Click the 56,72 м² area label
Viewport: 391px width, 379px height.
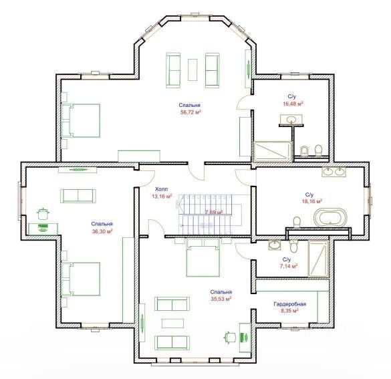(x=190, y=112)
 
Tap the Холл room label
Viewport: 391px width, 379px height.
(x=162, y=188)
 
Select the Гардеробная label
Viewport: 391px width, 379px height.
(x=290, y=304)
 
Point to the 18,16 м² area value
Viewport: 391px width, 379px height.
(x=312, y=201)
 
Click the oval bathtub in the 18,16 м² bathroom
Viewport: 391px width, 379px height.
(x=330, y=217)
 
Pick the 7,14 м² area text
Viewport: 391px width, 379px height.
(x=289, y=266)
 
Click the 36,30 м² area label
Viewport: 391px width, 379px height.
(x=102, y=231)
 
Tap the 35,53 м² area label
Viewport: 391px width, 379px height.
(x=221, y=299)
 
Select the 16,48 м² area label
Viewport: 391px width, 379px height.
(x=293, y=104)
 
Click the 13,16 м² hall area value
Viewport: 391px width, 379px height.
(x=162, y=197)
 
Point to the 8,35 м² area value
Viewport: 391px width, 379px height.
(x=289, y=311)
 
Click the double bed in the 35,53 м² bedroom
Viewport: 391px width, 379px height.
(x=203, y=257)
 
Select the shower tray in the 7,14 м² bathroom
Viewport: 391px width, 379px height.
(x=318, y=258)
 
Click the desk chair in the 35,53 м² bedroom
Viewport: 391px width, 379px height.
(x=230, y=338)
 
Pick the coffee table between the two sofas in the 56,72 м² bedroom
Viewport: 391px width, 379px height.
(x=192, y=70)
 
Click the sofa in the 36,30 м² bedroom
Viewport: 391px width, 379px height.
(x=78, y=196)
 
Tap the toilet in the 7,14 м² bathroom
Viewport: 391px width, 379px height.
(x=293, y=246)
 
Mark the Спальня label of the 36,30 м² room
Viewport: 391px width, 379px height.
(x=102, y=224)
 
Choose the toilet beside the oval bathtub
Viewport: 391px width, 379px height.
(x=297, y=222)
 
